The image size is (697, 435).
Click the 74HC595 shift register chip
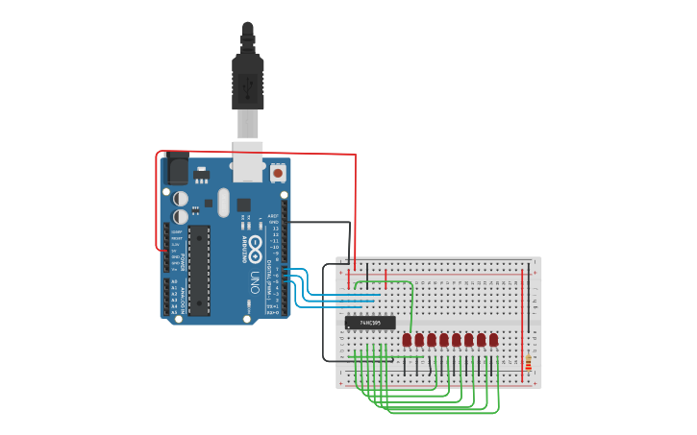[370, 323]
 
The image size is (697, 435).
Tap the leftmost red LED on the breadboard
[407, 340]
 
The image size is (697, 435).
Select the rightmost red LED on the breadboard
[493, 340]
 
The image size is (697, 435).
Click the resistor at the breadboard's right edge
[528, 363]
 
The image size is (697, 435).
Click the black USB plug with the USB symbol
[247, 84]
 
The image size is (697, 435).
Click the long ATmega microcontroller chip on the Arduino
[199, 270]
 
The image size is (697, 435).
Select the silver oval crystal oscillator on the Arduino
[223, 203]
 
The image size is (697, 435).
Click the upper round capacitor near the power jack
[181, 198]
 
